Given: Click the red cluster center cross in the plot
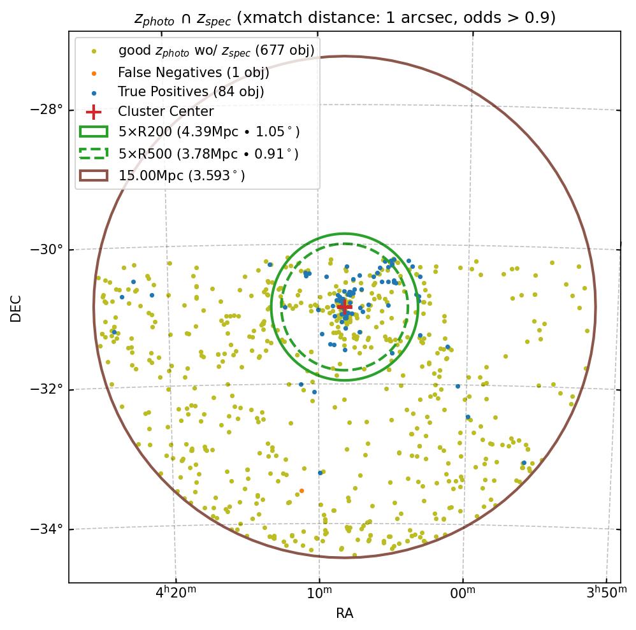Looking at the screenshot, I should pyautogui.click(x=344, y=306).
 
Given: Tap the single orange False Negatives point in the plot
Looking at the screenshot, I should pyautogui.click(x=301, y=490).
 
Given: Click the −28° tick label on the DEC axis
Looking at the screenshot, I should pyautogui.click(x=47, y=109).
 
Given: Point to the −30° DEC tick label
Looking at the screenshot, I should pyautogui.click(x=47, y=249).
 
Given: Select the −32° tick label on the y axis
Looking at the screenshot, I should pyautogui.click(x=47, y=389).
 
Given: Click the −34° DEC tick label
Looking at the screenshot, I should pyautogui.click(x=47, y=529).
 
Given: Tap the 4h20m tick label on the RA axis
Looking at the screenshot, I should pyautogui.click(x=176, y=594).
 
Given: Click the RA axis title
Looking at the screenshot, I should pyautogui.click(x=345, y=613).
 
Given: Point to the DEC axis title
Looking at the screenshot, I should pyautogui.click(x=16, y=308).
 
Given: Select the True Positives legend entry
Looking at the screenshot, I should pyautogui.click(x=191, y=92).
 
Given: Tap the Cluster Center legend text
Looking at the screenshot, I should pyautogui.click(x=166, y=112).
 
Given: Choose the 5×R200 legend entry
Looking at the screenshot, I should pyautogui.click(x=208, y=132).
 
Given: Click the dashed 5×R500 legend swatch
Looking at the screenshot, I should pyautogui.click(x=94, y=154).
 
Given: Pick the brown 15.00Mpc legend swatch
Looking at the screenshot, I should pyautogui.click(x=94, y=175).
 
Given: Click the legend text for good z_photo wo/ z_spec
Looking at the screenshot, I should pyautogui.click(x=216, y=50).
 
